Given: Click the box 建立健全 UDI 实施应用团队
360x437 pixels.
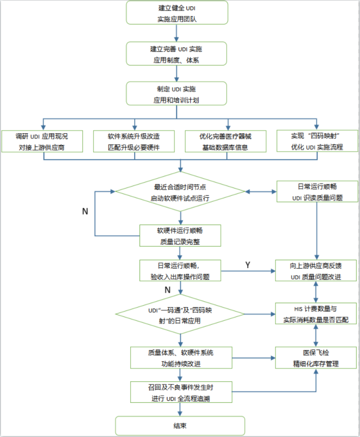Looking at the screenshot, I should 177,13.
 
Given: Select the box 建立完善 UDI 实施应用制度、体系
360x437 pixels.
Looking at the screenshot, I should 177,54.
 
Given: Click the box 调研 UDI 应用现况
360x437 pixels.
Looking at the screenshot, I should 42,141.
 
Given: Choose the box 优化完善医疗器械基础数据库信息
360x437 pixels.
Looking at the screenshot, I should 225,141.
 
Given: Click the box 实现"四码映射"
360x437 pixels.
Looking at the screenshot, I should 317,141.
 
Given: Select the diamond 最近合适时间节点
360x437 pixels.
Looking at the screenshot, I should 180,191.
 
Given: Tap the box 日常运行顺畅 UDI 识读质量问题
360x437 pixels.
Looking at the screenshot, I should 317,191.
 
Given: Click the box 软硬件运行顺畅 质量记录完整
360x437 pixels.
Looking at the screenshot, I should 180,235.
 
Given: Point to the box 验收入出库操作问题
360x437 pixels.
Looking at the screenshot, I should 180,271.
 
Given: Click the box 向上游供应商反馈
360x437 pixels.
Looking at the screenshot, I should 317,271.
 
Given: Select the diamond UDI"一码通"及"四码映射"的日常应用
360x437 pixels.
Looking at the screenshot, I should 180,313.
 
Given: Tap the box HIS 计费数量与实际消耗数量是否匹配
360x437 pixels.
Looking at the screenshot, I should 317,313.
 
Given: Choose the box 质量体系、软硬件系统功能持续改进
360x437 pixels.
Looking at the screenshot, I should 180,358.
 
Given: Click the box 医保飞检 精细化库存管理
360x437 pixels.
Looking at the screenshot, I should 317,358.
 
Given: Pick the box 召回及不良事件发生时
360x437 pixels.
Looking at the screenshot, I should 180,392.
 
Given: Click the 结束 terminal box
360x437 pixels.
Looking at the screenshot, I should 180,425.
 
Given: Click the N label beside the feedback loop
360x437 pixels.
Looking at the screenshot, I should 85,212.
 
